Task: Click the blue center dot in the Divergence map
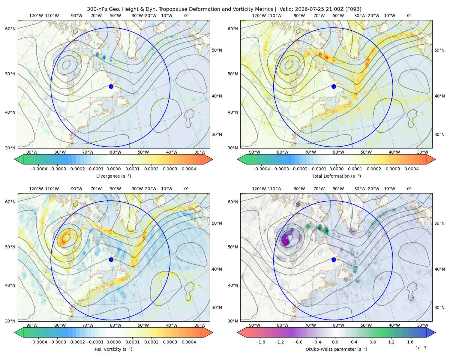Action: pos(111,87)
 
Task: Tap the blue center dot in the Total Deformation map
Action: pos(334,87)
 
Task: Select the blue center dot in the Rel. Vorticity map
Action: pos(111,259)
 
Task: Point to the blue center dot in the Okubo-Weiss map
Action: pos(334,259)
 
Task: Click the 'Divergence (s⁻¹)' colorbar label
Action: pos(113,176)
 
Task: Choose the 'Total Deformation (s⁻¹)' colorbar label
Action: pos(336,176)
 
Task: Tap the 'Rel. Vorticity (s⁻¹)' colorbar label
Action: pos(113,349)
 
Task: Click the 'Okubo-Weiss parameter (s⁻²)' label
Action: pos(336,349)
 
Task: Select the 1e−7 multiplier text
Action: pos(421,348)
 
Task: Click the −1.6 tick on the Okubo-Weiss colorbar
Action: pos(260,342)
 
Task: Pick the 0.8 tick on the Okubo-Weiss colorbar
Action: pos(373,342)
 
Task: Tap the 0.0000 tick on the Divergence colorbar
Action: pos(113,169)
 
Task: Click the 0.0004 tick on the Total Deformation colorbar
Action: pos(412,169)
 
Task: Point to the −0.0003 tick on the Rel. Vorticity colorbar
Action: pos(57,342)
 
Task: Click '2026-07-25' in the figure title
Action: pos(307,9)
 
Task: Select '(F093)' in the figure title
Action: pos(353,9)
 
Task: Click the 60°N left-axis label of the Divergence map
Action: pos(10,29)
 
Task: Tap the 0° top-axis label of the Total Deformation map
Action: pos(409,16)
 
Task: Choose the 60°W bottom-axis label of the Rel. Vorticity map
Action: pos(115,325)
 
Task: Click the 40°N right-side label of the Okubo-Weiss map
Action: pos(439,269)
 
